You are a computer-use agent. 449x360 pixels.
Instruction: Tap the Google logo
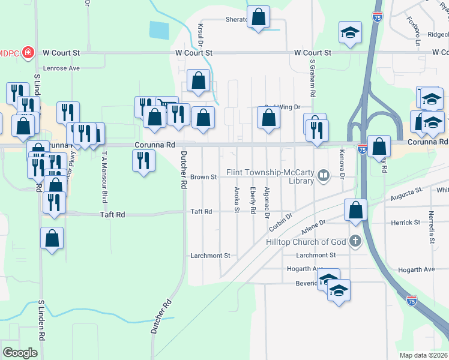coord(20,353)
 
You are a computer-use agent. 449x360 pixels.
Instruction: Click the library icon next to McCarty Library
coord(324,176)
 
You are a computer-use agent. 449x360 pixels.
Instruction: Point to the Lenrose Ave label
coord(58,68)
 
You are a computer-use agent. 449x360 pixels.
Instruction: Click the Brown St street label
coord(203,177)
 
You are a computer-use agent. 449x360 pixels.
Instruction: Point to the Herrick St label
coord(406,223)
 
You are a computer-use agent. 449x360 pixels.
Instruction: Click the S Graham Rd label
coord(312,78)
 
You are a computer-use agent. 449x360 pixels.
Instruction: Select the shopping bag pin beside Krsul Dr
coord(198,80)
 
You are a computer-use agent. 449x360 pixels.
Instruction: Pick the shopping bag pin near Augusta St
coord(355,210)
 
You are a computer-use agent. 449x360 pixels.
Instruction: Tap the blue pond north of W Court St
coord(159,29)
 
